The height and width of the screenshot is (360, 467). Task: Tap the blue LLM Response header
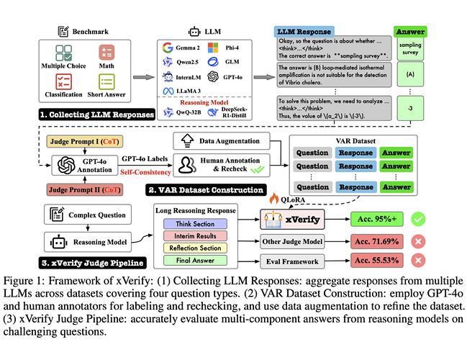(306, 32)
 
